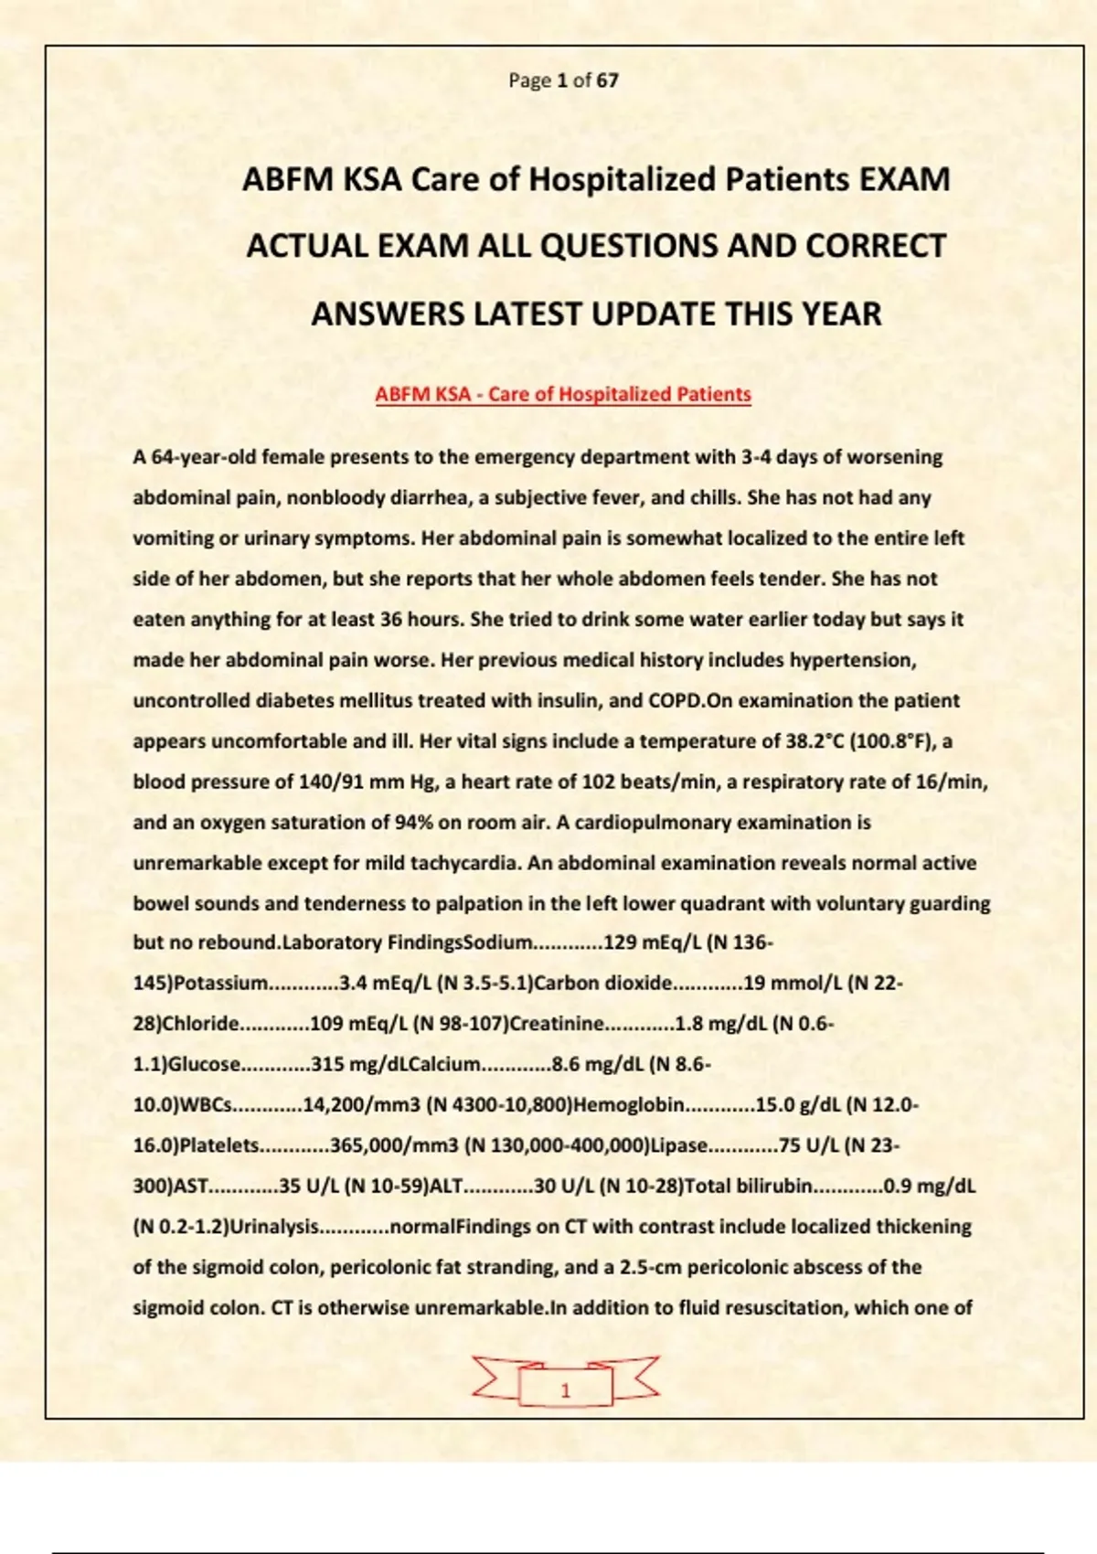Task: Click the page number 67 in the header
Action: coord(608,80)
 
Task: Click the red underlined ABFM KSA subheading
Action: coord(563,395)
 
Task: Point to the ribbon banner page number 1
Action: coord(565,1390)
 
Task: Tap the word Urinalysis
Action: coord(273,1227)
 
